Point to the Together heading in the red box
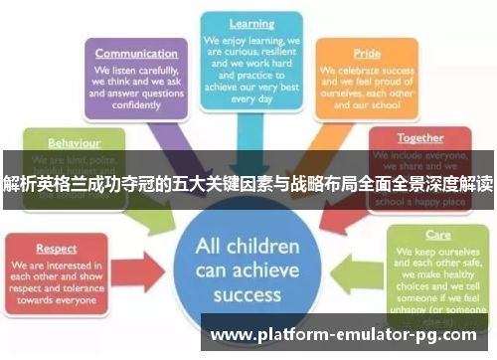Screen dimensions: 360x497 click(x=419, y=137)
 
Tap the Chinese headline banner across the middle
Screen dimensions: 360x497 click(x=248, y=184)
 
